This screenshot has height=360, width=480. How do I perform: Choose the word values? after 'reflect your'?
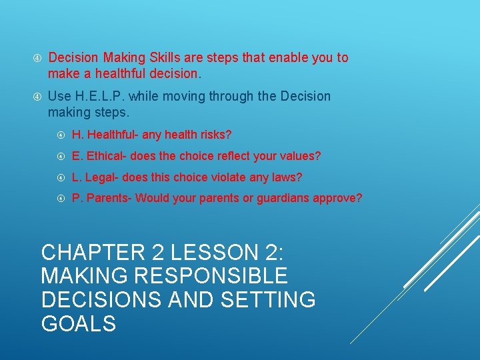click(x=299, y=157)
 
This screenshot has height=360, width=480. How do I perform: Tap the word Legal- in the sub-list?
click(x=99, y=177)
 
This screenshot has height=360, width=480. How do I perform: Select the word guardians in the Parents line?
click(x=289, y=199)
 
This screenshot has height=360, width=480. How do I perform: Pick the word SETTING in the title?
click(x=271, y=299)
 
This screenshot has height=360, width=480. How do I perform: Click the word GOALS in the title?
click(x=79, y=323)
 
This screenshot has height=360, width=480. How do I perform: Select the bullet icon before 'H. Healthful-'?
click(x=59, y=135)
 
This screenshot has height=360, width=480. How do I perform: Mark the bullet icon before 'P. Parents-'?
click(x=59, y=199)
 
